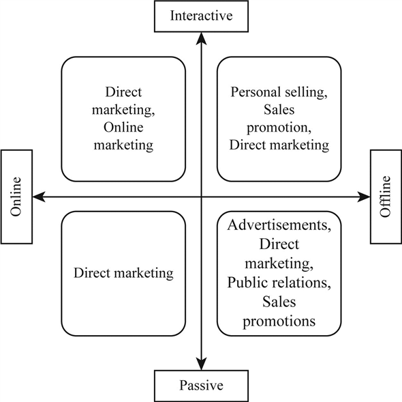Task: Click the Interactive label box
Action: coord(201,16)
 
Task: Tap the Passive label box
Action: coord(201,386)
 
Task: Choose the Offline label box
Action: coord(386,197)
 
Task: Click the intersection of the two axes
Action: coord(201,197)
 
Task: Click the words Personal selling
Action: coord(279,91)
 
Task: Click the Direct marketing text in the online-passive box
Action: coord(123,273)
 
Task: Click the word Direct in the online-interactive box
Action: coord(123,91)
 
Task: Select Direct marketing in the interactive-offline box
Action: coord(279,145)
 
